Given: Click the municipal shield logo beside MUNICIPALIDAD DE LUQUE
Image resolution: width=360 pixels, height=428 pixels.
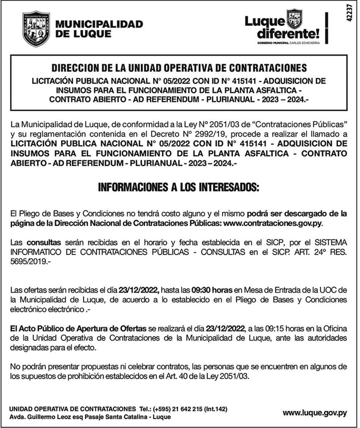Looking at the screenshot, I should [36, 29].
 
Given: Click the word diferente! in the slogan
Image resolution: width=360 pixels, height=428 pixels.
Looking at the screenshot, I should [289, 34].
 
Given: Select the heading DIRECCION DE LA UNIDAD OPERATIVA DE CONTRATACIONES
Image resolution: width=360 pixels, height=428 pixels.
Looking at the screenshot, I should [179, 68].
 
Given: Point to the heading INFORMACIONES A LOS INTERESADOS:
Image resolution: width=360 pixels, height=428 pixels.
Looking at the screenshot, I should [179, 188].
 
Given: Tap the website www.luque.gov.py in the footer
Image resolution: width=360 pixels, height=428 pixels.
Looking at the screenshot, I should [315, 412].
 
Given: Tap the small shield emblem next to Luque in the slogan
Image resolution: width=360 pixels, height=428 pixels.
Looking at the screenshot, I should [294, 19].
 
